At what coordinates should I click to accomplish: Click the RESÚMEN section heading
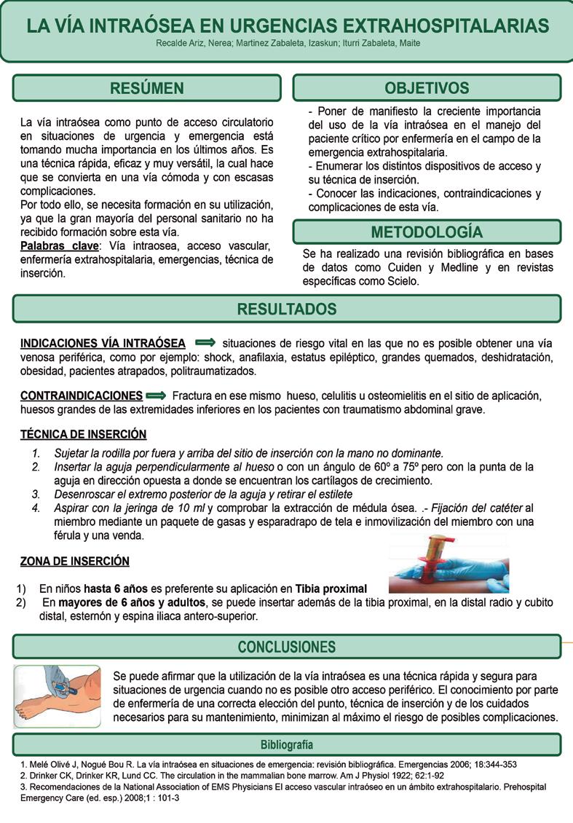pyautogui.click(x=146, y=89)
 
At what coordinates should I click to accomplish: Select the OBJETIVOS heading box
pyautogui.click(x=427, y=88)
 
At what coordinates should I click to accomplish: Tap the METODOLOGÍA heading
pyautogui.click(x=427, y=232)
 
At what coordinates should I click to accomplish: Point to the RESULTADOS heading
pyautogui.click(x=287, y=309)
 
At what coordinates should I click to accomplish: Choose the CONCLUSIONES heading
pyautogui.click(x=287, y=647)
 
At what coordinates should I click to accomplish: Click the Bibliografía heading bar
pyautogui.click(x=287, y=745)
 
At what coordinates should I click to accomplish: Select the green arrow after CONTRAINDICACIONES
pyautogui.click(x=157, y=395)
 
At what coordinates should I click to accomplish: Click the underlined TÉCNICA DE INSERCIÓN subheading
pyautogui.click(x=83, y=435)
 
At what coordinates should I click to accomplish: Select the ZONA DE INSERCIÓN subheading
pyautogui.click(x=75, y=562)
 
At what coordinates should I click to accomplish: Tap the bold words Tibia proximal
pyautogui.click(x=331, y=588)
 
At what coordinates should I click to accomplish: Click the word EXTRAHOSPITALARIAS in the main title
pyautogui.click(x=447, y=26)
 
